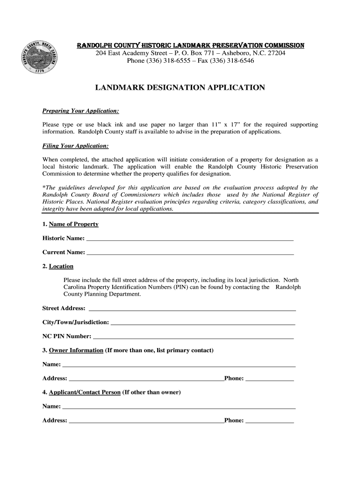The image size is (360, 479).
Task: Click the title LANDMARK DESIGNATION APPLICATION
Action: (x=180, y=88)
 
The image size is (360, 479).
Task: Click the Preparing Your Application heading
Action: (x=80, y=111)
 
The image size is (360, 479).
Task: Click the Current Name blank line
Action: (x=190, y=253)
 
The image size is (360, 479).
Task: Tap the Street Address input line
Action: (x=192, y=309)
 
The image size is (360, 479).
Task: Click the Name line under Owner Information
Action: (x=179, y=365)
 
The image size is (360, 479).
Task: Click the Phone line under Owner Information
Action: (x=270, y=379)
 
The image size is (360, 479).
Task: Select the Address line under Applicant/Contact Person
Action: (x=146, y=421)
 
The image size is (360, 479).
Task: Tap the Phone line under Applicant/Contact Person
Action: (x=270, y=421)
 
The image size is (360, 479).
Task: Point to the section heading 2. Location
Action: (x=58, y=266)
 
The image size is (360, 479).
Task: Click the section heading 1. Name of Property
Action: (x=70, y=224)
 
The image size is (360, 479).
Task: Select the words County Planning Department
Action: (x=102, y=294)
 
